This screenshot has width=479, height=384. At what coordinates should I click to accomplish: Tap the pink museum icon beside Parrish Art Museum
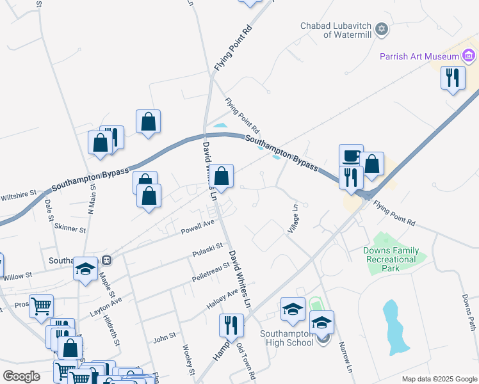click(x=469, y=56)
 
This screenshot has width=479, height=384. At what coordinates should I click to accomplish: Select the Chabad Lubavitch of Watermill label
click(x=336, y=30)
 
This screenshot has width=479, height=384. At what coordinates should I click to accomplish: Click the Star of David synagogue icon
click(x=382, y=29)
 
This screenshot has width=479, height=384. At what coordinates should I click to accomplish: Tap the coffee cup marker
click(x=351, y=156)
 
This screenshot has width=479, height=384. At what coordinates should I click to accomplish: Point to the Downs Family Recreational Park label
click(x=391, y=259)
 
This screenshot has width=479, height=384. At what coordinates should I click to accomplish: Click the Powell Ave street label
click(x=197, y=225)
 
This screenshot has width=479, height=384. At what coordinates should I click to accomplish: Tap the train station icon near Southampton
click(x=107, y=260)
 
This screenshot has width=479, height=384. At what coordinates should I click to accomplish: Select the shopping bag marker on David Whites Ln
click(x=221, y=176)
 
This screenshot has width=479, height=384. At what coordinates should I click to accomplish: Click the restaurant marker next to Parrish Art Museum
click(x=453, y=78)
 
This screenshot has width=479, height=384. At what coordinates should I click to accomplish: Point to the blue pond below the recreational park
click(x=395, y=326)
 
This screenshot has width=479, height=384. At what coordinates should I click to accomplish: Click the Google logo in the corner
click(x=22, y=376)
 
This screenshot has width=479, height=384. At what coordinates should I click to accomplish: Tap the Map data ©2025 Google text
click(x=439, y=379)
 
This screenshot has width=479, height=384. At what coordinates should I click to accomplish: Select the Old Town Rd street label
click(x=247, y=362)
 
